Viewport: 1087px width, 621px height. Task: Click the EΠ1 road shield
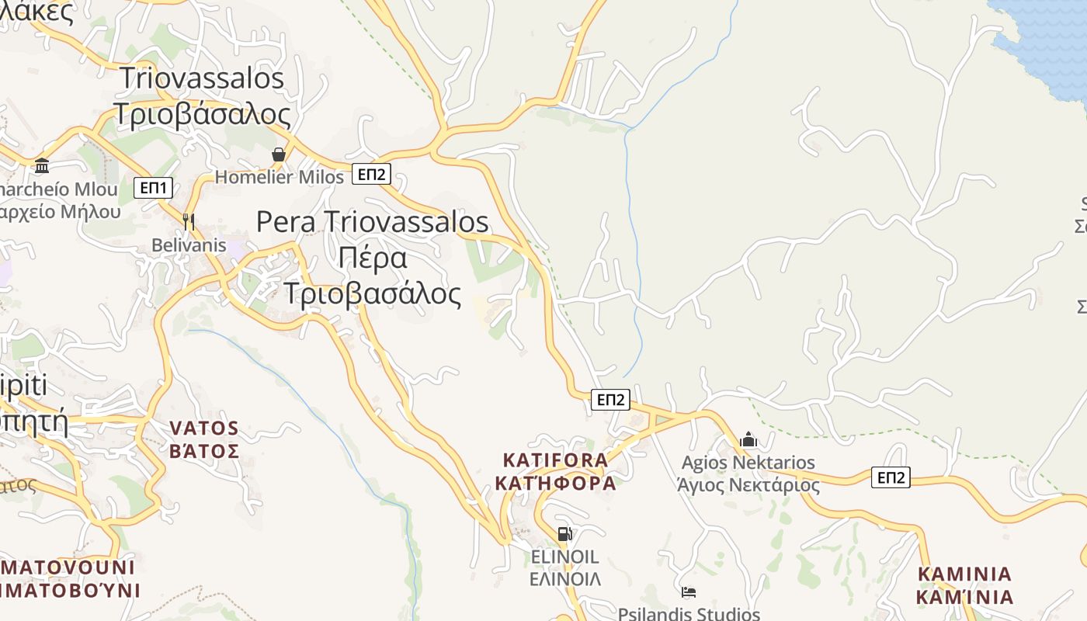[x=153, y=188]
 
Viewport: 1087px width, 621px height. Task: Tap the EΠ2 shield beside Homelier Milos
[x=370, y=174]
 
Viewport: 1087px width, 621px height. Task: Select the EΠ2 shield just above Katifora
[x=610, y=400]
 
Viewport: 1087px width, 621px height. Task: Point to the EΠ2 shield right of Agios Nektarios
[x=891, y=477]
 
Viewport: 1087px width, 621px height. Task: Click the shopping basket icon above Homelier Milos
[x=279, y=155]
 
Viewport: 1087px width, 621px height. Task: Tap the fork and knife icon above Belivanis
[x=188, y=221]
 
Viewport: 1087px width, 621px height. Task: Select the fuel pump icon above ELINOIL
[x=564, y=534]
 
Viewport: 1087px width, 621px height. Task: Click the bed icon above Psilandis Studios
[x=688, y=592]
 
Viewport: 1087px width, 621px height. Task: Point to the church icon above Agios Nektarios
[x=748, y=440]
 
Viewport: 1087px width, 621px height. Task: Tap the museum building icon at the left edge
[x=42, y=165]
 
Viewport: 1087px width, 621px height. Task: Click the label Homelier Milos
[x=279, y=177]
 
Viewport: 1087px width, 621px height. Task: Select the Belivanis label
[x=189, y=245]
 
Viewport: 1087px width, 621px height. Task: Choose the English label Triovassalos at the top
[x=202, y=78]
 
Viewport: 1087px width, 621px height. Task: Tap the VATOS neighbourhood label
[x=204, y=428]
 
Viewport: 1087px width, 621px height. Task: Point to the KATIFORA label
[x=555, y=460]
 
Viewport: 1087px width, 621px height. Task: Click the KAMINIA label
[x=965, y=574]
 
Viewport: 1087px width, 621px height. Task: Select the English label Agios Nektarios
[x=748, y=463]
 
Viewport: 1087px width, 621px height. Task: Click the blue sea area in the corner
[x=1048, y=39]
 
